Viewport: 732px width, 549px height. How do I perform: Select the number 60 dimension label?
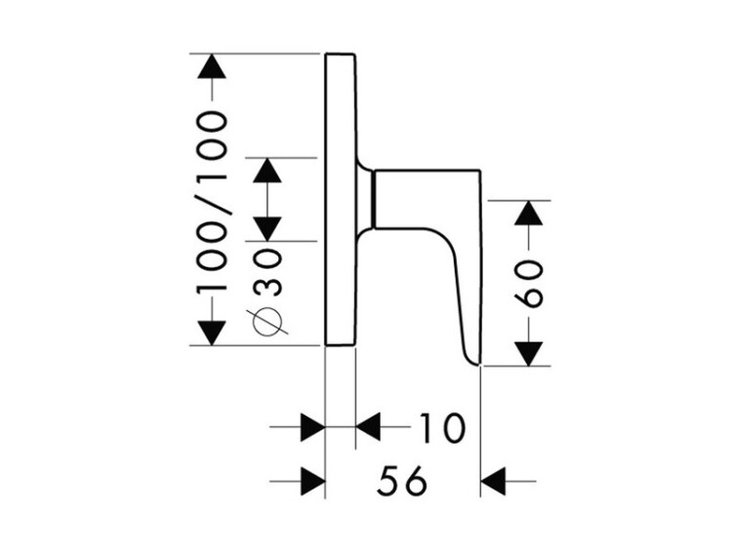[528, 284]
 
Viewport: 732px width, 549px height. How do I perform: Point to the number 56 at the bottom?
[402, 481]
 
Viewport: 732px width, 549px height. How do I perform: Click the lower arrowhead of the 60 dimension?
[528, 353]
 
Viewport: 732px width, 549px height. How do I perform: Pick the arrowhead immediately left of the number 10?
[368, 427]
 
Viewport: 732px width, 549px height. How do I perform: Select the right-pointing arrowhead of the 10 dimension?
[311, 427]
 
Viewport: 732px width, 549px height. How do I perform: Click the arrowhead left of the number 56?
[311, 481]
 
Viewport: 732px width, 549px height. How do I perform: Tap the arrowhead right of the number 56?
[495, 481]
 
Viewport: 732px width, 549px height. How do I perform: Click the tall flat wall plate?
[340, 199]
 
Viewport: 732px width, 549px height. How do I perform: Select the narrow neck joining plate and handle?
[367, 200]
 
